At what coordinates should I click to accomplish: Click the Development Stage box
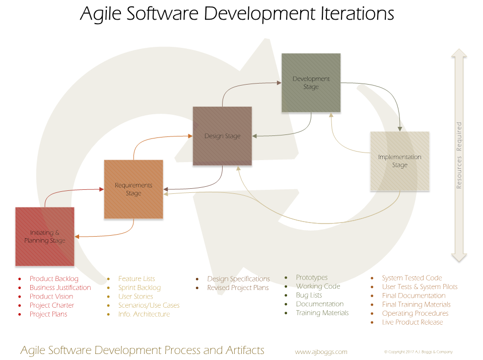[311, 83]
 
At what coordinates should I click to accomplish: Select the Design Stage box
[222, 136]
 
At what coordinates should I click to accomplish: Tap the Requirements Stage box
[133, 189]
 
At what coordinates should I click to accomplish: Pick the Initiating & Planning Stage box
[45, 237]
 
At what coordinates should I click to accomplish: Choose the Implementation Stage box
[399, 161]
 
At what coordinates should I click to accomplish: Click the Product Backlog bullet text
[54, 279]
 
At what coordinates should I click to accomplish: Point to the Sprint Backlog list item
[140, 287]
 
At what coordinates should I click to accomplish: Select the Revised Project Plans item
[238, 287]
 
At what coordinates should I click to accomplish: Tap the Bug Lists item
[309, 295]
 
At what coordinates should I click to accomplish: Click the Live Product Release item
[412, 322]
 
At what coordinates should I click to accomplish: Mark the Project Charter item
[52, 305]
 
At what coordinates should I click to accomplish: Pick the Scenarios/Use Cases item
[149, 305]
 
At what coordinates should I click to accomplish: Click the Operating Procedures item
[415, 313]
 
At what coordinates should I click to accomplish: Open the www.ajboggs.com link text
[321, 351]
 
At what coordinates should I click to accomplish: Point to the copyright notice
[419, 351]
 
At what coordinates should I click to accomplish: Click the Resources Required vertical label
[459, 155]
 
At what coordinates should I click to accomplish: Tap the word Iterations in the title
[357, 14]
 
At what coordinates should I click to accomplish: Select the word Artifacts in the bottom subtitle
[245, 350]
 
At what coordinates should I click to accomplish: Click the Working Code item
[318, 286]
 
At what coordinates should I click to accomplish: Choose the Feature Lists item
[136, 279]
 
